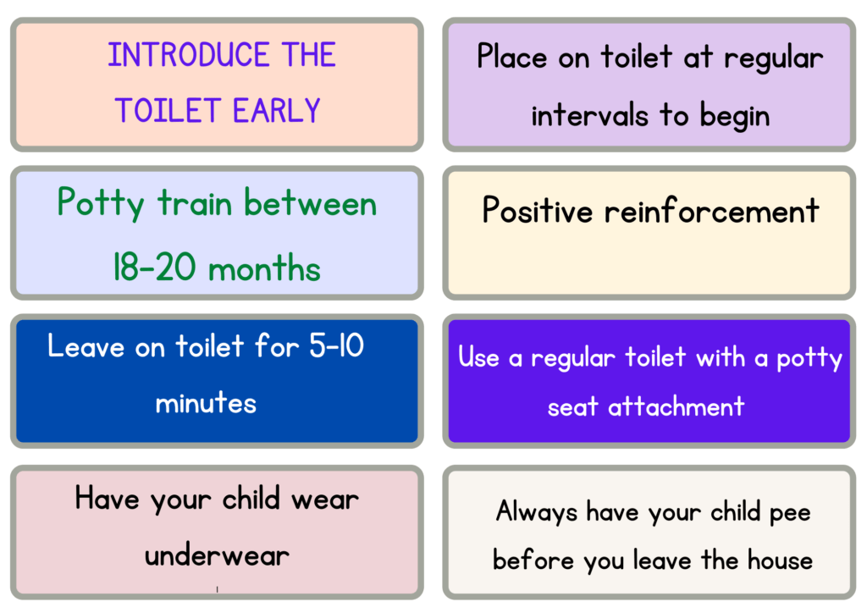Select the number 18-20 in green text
point(155,269)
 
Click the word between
point(310,204)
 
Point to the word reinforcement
point(712,211)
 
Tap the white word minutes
point(206,402)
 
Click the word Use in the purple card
point(478,357)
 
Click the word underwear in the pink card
point(217,556)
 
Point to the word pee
point(785,513)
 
